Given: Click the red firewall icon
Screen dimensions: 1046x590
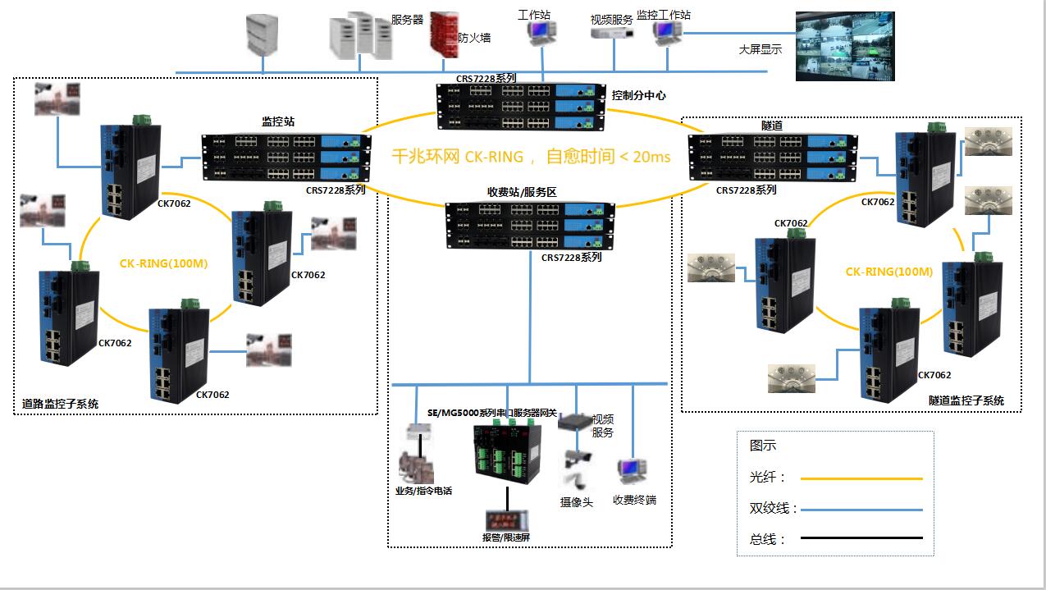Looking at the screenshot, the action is (444, 35).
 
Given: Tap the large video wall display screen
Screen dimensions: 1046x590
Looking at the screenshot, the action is (845, 46).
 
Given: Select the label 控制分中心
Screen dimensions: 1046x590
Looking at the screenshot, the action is (639, 95).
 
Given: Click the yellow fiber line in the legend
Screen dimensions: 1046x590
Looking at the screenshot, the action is (861, 478).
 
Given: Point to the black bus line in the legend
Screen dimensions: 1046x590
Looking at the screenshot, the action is (861, 537).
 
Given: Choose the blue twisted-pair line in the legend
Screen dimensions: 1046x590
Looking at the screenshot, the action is (861, 510).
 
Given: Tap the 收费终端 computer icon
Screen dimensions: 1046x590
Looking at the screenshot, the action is (633, 472).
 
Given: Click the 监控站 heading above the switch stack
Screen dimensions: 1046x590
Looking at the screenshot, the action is (278, 121).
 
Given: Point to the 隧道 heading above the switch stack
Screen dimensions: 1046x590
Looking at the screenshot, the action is (771, 126).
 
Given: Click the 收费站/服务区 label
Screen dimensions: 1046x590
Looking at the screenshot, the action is (522, 192).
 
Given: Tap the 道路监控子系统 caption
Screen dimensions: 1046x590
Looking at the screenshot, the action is (60, 404).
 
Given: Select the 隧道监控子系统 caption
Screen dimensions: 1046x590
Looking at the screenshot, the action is (966, 400).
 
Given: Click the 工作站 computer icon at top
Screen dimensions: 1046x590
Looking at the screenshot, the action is (541, 33).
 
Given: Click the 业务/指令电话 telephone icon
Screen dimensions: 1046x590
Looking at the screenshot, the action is (417, 467).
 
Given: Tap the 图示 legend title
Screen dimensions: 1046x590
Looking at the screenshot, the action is (762, 446).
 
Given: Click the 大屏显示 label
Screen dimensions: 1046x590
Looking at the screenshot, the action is (761, 49).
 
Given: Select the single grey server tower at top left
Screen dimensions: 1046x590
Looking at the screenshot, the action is (262, 35).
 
